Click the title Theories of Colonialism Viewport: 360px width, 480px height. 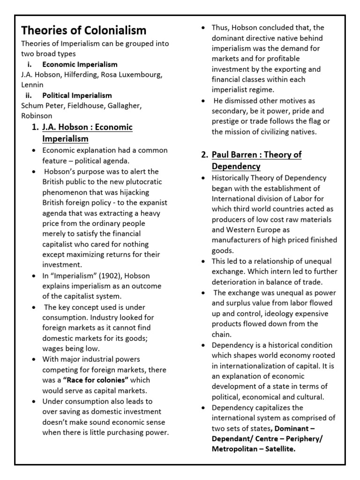coord(84,30)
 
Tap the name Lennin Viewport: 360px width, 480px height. coord(32,85)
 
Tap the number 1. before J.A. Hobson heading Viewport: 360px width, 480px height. coord(35,127)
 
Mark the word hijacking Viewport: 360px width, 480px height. coord(141,192)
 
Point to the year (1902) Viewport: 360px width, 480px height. coord(97,276)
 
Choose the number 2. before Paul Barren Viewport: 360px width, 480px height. coord(204,155)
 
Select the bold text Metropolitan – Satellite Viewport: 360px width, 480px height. coord(254,449)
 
